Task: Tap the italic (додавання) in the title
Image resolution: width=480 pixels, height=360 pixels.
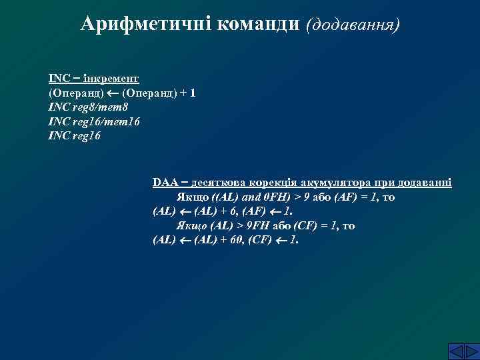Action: coord(353,25)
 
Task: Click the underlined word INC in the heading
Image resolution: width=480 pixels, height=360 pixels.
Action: coord(58,78)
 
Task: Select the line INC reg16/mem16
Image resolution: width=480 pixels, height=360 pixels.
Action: coord(94,121)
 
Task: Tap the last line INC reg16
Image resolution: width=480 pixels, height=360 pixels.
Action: coord(75,135)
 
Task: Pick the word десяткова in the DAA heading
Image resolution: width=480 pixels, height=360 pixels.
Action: coord(217,182)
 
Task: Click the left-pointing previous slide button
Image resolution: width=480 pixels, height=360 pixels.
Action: coord(438,351)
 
